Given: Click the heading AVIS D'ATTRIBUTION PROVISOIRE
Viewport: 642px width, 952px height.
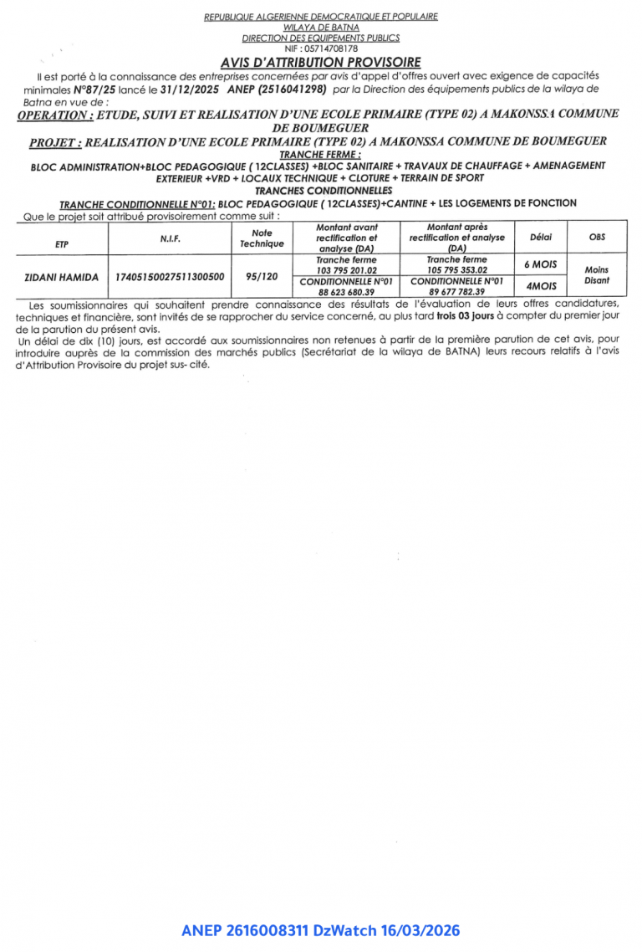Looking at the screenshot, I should [321, 63].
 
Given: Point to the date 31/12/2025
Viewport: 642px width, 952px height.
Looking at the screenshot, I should [189, 89].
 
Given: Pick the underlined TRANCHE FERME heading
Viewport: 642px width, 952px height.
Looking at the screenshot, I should [320, 155].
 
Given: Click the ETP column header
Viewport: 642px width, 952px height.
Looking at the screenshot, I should [61, 243].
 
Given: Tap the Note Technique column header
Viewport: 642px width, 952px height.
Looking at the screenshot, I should [262, 238].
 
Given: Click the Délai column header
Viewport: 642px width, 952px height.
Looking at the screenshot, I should [541, 238].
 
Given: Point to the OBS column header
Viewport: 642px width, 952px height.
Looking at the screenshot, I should [597, 238].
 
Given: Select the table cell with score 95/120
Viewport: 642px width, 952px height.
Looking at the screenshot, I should [262, 276].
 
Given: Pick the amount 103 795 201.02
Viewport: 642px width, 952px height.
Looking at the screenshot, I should [347, 270].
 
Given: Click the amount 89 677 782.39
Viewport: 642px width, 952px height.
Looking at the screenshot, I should [456, 291].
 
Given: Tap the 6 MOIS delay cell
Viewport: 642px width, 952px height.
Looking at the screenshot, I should [541, 264].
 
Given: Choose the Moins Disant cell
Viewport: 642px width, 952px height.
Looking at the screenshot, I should [597, 275].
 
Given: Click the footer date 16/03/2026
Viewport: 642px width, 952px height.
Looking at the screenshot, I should [423, 930].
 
